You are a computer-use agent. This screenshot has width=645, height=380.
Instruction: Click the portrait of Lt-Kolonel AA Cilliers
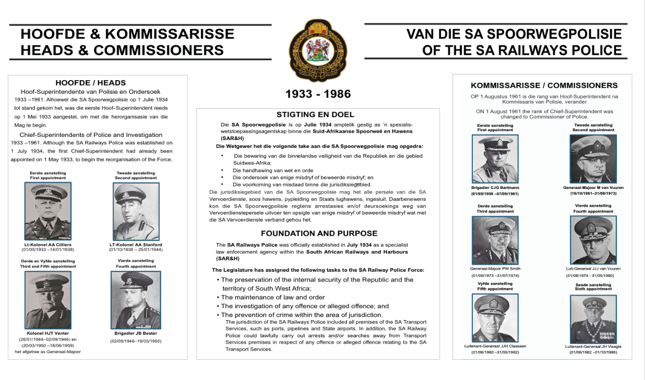tap(48, 211)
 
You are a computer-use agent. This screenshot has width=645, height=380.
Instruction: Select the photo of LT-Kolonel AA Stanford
tap(136, 211)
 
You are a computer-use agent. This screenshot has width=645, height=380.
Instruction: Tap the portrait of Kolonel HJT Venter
tap(48, 300)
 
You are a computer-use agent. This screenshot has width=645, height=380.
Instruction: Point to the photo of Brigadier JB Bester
tap(136, 300)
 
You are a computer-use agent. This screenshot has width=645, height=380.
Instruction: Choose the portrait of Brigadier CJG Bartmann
tap(495, 159)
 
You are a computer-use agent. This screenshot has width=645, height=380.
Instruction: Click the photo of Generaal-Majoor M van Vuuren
tap(593, 159)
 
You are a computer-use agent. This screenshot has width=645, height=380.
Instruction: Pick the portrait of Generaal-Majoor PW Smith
tap(495, 240)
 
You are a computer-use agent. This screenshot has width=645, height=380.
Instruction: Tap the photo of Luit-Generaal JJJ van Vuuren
tap(593, 240)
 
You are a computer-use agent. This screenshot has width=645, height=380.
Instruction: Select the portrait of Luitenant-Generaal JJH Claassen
tap(495, 318)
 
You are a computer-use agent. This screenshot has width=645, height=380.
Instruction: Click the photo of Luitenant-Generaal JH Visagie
tap(593, 319)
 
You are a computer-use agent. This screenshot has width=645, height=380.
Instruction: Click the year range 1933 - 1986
tap(318, 94)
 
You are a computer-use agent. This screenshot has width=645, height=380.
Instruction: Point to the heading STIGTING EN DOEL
tap(316, 115)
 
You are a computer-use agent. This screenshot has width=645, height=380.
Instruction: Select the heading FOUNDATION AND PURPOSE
tap(319, 233)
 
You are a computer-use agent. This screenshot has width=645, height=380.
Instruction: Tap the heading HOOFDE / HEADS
tap(91, 82)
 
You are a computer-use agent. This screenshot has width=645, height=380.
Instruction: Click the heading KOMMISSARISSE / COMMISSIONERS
tap(544, 85)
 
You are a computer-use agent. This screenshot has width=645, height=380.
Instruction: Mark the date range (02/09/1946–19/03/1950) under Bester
tap(136, 341)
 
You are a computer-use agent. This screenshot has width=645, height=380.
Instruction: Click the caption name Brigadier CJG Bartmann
tap(495, 187)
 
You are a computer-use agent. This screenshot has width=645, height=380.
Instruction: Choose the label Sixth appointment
tap(593, 289)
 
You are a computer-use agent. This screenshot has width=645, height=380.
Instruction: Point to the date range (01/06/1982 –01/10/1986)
tap(593, 352)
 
